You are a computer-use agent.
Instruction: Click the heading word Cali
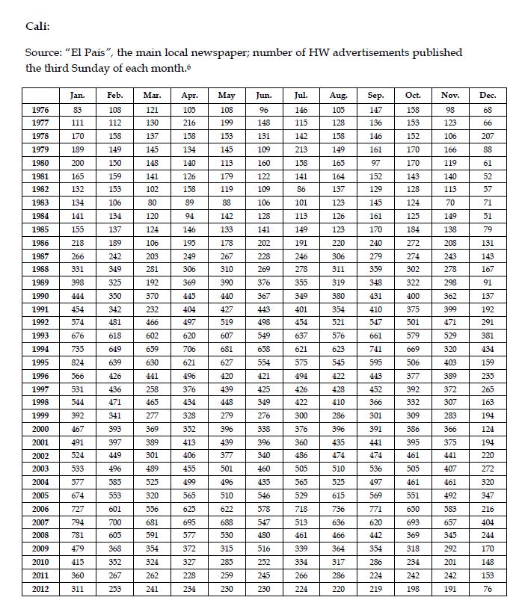(x=37, y=27)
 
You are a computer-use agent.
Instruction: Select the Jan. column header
(x=77, y=96)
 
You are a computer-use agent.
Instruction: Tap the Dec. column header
(x=488, y=96)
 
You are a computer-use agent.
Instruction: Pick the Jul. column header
(x=301, y=96)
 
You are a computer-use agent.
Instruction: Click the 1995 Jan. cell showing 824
(x=77, y=362)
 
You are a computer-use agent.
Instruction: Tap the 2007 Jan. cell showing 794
(x=77, y=522)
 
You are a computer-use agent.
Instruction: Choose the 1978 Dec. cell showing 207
(x=488, y=136)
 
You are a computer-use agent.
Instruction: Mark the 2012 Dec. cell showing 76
(x=488, y=589)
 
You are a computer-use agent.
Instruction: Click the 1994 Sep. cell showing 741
(x=375, y=349)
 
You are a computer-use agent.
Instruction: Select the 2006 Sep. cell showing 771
(x=375, y=509)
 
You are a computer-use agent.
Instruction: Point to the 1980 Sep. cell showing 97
(x=375, y=163)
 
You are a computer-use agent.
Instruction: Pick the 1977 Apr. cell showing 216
(x=189, y=123)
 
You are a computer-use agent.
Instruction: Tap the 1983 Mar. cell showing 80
(x=152, y=203)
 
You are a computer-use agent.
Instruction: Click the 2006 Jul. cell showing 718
(x=301, y=509)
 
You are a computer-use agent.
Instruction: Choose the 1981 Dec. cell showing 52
(x=488, y=176)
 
